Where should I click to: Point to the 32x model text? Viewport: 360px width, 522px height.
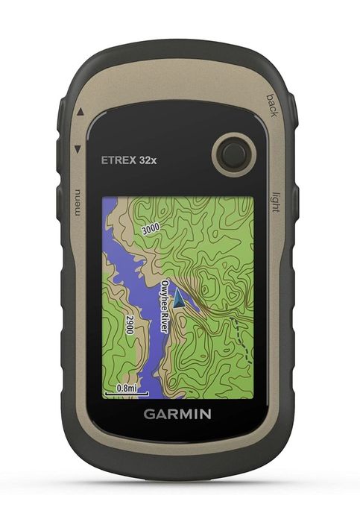148,158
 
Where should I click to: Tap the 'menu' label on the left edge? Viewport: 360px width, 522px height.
78,202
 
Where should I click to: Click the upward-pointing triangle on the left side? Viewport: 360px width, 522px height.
80,113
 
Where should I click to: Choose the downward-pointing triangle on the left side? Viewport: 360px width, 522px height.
78,150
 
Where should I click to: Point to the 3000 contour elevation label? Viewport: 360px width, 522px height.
151,229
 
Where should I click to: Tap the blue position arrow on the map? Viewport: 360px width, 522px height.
179,298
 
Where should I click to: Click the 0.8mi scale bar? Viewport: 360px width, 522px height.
121,389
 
